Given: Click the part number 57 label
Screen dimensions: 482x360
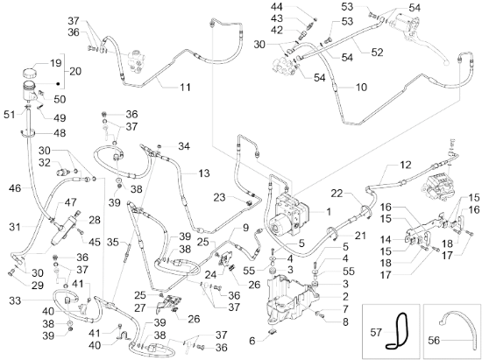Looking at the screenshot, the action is click(376, 332).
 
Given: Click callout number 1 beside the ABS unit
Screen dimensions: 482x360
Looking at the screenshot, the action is click(329, 211).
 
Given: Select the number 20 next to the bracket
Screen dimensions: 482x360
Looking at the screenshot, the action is click(75, 71).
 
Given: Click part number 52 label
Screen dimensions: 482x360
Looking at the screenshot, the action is click(377, 53).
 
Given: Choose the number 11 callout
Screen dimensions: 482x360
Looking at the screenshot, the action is click(185, 88).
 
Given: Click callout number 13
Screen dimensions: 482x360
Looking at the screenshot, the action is click(204, 173).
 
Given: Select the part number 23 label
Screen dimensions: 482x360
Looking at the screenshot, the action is click(219, 197).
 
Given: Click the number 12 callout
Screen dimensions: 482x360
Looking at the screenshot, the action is click(406, 165).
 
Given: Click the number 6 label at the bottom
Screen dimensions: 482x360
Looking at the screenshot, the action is click(252, 341).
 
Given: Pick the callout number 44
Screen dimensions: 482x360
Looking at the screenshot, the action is click(278, 7).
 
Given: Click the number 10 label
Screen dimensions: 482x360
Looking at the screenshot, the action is click(361, 88).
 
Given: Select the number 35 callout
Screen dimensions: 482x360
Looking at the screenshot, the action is click(113, 243).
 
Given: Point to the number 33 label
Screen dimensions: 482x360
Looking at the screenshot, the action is click(15, 300).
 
